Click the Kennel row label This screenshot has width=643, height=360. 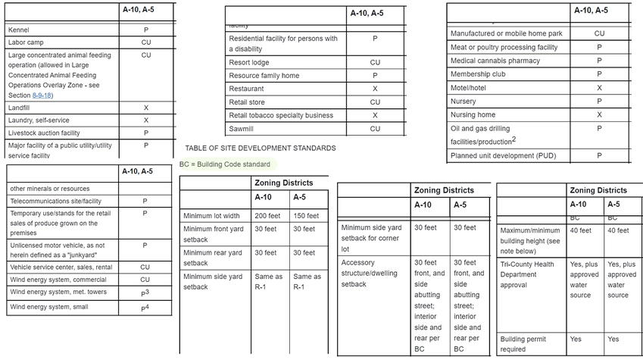18,30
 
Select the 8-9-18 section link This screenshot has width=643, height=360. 41,95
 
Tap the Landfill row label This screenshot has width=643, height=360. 19,108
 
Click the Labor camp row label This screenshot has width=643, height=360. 26,42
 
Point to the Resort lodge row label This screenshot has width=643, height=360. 249,63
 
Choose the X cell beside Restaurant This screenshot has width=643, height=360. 375,89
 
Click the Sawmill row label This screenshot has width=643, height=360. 242,129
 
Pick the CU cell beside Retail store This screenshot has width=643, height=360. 375,102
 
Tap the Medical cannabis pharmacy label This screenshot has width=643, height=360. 495,61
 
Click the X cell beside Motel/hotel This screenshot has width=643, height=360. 599,88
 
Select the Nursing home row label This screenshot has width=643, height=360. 473,115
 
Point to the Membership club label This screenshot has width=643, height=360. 478,74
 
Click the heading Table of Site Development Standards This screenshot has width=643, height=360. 261,149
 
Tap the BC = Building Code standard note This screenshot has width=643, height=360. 225,164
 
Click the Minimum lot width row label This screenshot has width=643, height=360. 211,216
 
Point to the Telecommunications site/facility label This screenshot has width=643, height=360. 55,202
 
